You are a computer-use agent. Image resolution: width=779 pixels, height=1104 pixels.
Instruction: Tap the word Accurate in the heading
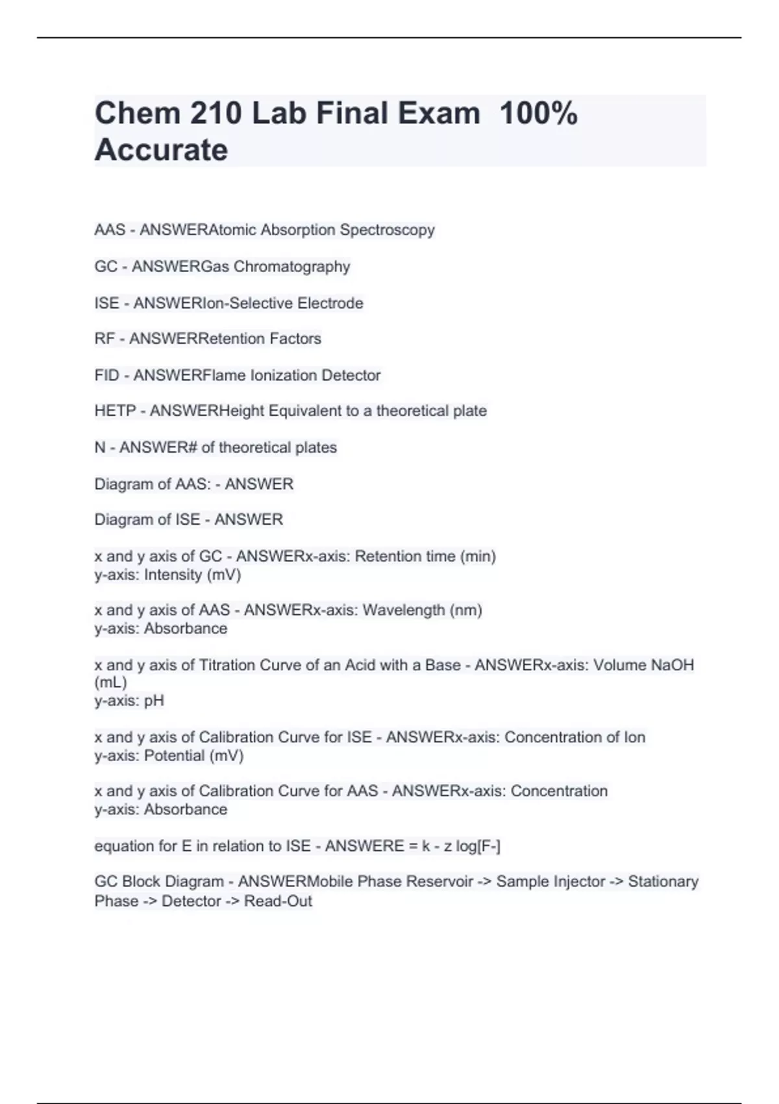(161, 150)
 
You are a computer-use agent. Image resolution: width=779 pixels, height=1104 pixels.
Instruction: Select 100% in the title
(538, 114)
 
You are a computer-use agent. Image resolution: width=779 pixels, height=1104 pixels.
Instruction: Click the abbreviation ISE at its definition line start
(106, 303)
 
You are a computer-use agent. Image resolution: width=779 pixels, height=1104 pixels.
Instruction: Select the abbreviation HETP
(115, 411)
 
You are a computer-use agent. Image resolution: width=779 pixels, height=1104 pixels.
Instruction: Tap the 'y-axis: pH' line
(129, 701)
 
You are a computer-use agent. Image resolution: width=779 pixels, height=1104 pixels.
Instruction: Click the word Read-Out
(278, 901)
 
